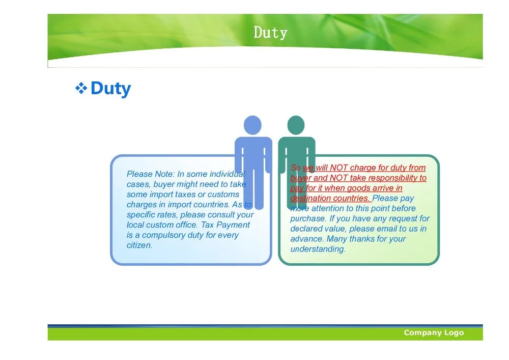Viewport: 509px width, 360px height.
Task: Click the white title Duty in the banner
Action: (270, 33)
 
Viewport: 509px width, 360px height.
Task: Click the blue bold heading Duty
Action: (110, 89)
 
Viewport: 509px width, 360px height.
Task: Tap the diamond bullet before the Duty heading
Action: (81, 88)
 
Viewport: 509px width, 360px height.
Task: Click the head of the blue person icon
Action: (252, 125)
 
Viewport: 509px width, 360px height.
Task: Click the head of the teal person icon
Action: (296, 125)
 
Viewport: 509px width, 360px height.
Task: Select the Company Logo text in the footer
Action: (434, 333)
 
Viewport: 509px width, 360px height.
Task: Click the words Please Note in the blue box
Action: (151, 174)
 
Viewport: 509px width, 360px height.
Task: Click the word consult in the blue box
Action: (221, 215)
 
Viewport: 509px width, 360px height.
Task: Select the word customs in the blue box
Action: (223, 195)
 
